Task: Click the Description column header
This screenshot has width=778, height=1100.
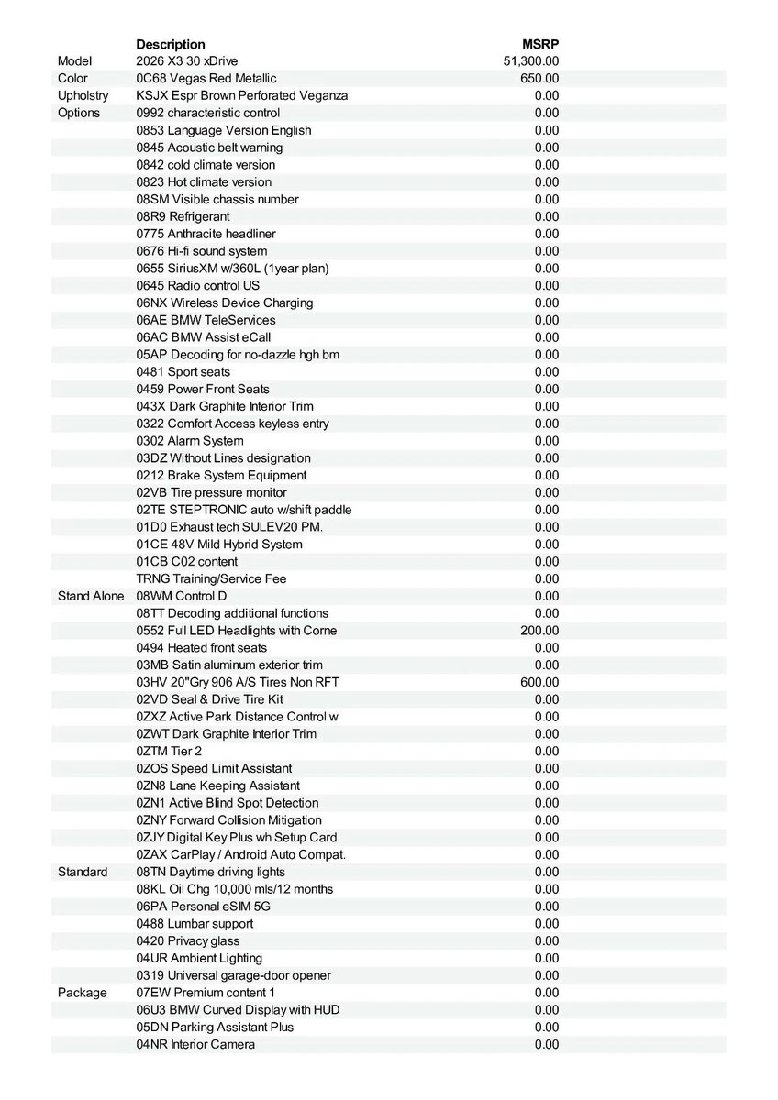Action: click(x=171, y=44)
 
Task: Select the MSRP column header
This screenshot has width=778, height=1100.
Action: click(x=540, y=44)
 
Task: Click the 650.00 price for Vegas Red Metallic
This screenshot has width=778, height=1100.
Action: click(x=539, y=79)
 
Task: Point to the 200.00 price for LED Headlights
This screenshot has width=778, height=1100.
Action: click(x=539, y=631)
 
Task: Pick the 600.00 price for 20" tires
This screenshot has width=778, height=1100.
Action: click(x=539, y=682)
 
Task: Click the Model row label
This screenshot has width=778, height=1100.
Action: click(x=75, y=61)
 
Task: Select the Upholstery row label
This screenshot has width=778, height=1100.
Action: click(x=83, y=95)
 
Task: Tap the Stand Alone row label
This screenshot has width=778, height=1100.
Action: click(x=91, y=596)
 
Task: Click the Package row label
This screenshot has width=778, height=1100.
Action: click(x=82, y=993)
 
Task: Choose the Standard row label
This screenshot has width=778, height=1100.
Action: click(x=83, y=872)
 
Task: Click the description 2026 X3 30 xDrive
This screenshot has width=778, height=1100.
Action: click(x=187, y=61)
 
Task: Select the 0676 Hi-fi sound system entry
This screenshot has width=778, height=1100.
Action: click(x=202, y=251)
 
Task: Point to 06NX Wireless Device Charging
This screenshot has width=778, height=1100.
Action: click(x=225, y=302)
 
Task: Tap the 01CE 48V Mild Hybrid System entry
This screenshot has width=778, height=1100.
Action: click(x=219, y=544)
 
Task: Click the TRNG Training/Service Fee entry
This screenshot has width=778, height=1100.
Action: click(x=211, y=578)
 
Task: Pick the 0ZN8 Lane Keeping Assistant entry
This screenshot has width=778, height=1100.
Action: click(x=218, y=786)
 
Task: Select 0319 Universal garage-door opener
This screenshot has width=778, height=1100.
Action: click(x=234, y=975)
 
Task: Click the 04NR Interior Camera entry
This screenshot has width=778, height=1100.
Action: click(x=195, y=1044)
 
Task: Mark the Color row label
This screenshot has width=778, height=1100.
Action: click(x=72, y=79)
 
